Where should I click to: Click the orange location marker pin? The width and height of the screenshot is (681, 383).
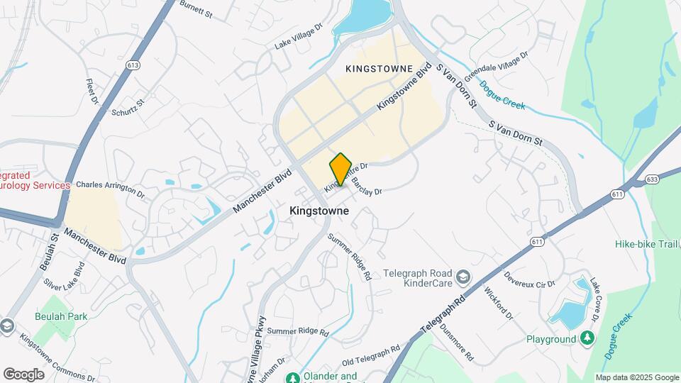tap(340, 169)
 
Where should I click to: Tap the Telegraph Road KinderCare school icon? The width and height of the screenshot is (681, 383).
tap(463, 276)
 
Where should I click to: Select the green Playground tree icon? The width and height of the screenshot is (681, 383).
tap(587, 339)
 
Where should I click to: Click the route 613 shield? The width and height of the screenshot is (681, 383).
tap(133, 65)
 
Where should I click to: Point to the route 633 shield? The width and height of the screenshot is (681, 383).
tap(652, 179)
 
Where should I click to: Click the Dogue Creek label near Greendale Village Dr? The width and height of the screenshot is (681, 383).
tap(502, 95)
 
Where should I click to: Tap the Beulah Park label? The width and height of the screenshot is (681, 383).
tap(62, 316)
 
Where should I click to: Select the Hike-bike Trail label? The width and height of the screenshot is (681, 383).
tap(647, 245)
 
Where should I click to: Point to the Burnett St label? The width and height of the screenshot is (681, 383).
tap(196, 8)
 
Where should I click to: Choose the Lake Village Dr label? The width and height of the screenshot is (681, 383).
tap(298, 36)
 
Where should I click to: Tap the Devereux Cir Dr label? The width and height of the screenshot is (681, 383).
tap(529, 279)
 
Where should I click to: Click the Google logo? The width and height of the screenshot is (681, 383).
tap(23, 374)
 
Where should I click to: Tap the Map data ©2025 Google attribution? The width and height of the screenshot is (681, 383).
tap(637, 377)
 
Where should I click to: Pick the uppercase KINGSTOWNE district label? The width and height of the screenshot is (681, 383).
tap(379, 69)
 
